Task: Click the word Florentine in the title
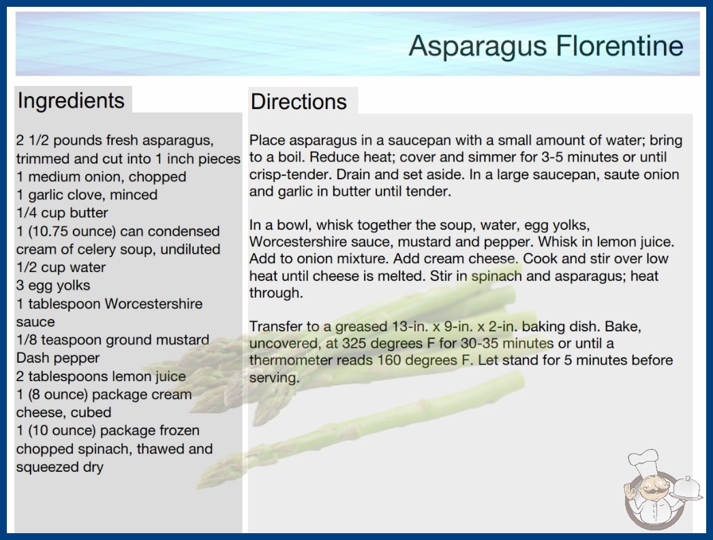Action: pyautogui.click(x=620, y=46)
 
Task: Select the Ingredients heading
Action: pyautogui.click(x=71, y=100)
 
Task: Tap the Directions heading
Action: pyautogui.click(x=299, y=102)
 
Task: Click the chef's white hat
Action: pyautogui.click(x=643, y=462)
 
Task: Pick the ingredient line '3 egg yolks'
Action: pyautogui.click(x=53, y=285)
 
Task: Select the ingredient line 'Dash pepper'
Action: pyautogui.click(x=58, y=358)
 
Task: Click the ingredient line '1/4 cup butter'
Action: pyautogui.click(x=62, y=213)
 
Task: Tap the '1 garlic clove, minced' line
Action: pyautogui.click(x=87, y=195)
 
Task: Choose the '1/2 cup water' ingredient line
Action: pyautogui.click(x=61, y=267)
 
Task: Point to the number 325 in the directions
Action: pyautogui.click(x=355, y=343)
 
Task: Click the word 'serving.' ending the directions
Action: pyautogui.click(x=274, y=378)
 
